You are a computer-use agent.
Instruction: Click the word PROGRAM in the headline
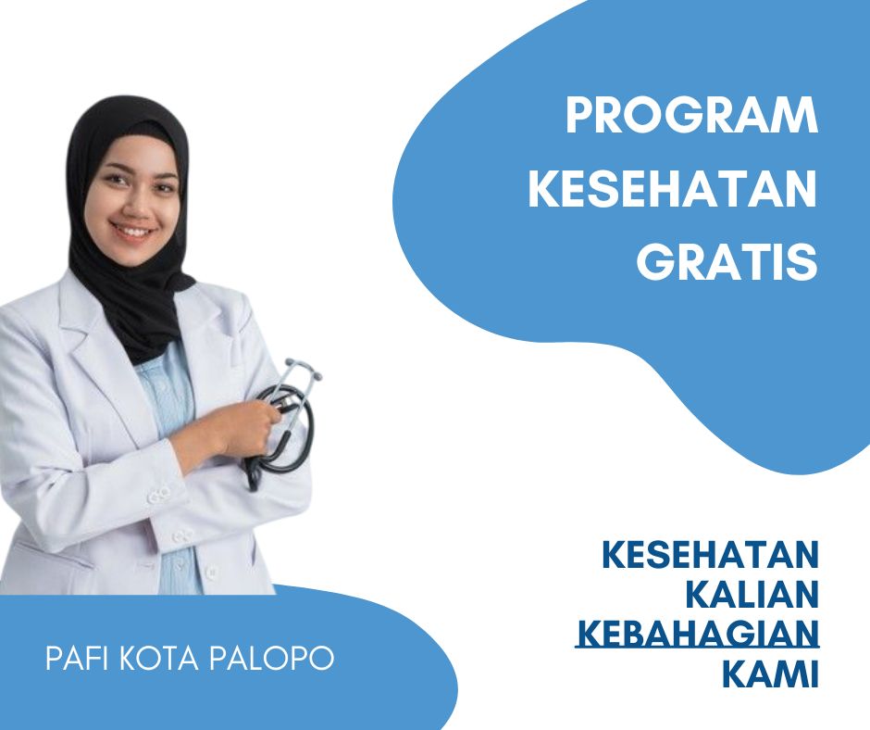pyautogui.click(x=692, y=116)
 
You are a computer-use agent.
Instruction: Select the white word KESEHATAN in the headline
pyautogui.click(x=673, y=188)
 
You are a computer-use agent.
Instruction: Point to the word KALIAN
pyautogui.click(x=752, y=594)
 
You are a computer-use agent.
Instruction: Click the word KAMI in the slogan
pyautogui.click(x=771, y=673)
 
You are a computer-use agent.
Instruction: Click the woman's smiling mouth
pyautogui.click(x=133, y=230)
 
